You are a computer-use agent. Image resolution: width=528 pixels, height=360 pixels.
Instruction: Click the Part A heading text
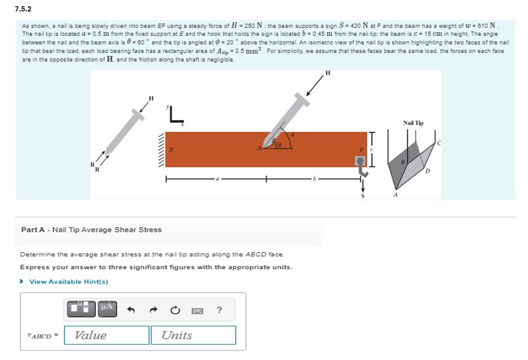(91, 230)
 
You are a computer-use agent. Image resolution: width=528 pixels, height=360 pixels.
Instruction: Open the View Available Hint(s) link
(68, 281)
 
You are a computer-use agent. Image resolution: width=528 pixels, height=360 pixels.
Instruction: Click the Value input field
(107, 335)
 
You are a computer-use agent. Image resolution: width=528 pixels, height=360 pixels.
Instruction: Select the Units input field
(193, 335)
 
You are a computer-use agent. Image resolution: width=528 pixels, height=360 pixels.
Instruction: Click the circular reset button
(175, 310)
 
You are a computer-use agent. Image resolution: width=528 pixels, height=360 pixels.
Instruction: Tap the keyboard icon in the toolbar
(198, 310)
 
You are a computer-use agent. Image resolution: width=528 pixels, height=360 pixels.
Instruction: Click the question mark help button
(219, 310)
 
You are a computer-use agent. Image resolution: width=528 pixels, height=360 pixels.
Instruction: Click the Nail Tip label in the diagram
(413, 123)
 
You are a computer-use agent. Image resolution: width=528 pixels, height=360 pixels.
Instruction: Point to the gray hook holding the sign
(360, 165)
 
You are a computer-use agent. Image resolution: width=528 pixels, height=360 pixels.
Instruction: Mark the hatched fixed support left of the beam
(162, 149)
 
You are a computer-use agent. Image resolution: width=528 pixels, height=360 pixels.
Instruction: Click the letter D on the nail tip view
(428, 171)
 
